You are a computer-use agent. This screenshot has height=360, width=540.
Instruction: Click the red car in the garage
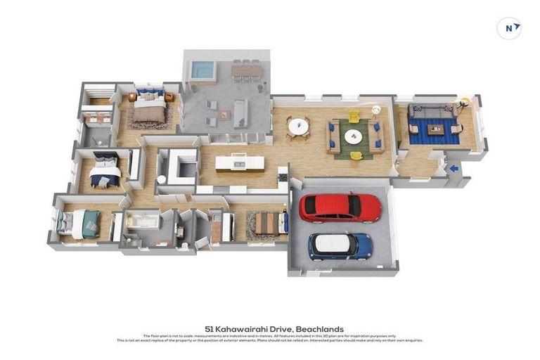coord(340,207)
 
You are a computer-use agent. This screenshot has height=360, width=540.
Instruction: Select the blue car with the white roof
coord(340,245)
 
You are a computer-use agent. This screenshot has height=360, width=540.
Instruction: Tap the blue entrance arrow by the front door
coord(454,168)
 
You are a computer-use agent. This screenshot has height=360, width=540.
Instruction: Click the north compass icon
coord(509,28)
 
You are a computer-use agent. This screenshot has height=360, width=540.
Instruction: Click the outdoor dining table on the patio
coord(246,70)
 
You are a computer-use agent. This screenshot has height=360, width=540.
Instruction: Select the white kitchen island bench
coord(240,163)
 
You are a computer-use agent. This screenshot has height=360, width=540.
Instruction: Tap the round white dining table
coord(298,127)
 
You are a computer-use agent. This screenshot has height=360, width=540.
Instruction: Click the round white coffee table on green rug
coord(353,136)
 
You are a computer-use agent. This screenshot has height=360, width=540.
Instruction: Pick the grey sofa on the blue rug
coord(431,112)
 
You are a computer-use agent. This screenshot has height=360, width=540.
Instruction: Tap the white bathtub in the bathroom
coord(144,221)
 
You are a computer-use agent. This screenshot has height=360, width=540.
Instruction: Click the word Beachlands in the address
coord(319,329)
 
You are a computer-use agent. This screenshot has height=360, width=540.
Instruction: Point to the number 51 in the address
coord(209,329)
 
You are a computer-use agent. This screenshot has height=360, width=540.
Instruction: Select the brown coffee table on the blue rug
coord(435,129)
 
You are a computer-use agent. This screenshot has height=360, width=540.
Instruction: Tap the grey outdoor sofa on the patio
coord(240,112)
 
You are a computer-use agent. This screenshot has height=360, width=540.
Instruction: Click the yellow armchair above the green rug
coord(354,116)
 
